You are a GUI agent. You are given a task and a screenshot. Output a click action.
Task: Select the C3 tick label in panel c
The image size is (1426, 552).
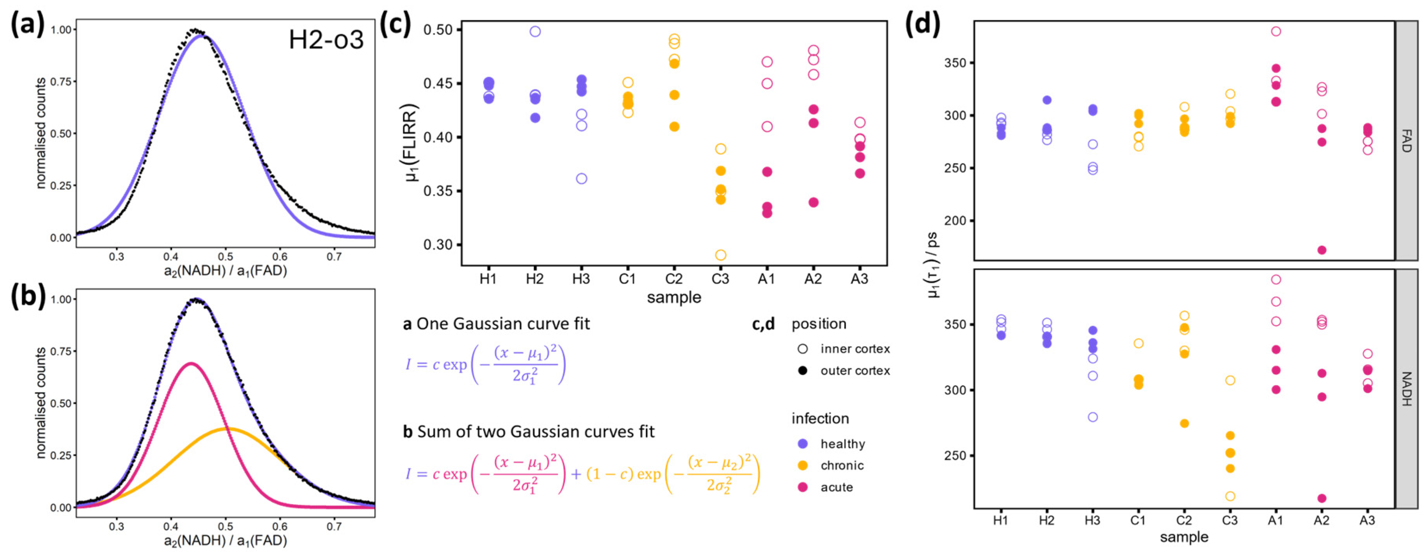720,279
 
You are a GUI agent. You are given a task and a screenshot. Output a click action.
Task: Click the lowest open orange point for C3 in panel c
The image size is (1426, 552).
720,255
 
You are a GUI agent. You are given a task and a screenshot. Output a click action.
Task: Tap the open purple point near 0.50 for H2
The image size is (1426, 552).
535,32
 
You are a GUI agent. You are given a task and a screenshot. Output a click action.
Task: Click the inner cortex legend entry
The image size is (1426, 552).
854,349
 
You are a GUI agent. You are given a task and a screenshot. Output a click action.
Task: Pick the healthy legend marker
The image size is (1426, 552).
803,444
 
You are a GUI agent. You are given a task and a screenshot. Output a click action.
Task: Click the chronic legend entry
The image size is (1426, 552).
841,466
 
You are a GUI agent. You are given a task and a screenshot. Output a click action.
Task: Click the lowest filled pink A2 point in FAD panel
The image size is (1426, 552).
1322,250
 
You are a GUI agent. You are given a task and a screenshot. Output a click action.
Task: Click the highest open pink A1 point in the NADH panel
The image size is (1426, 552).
1276,280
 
